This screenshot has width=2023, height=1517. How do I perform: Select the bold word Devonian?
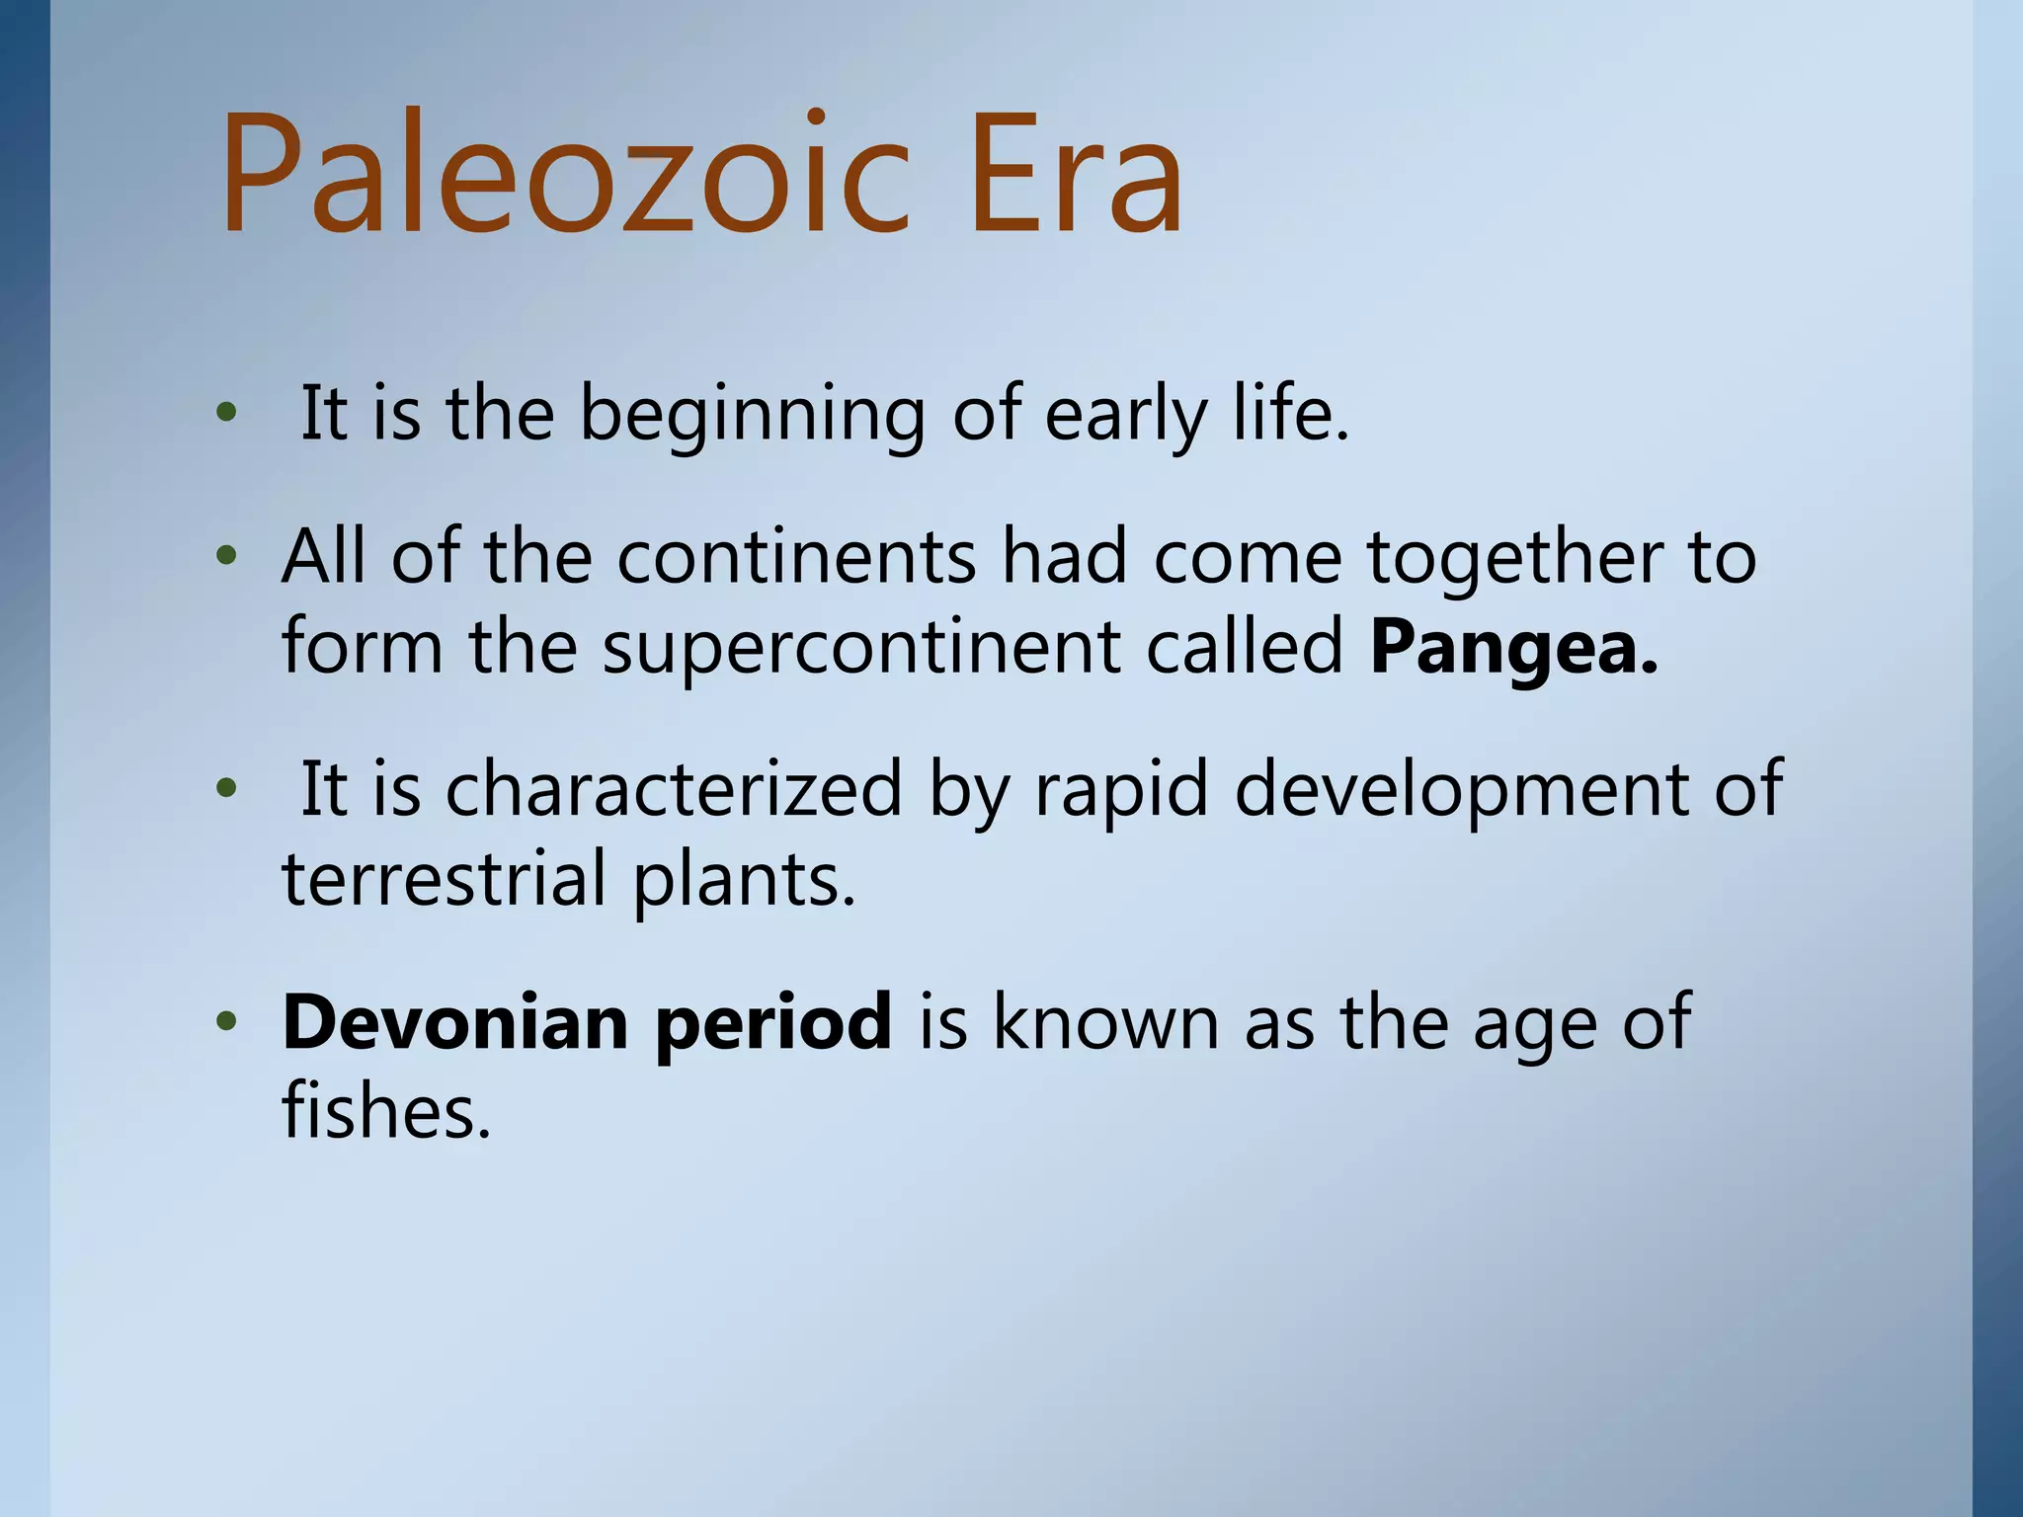(454, 1022)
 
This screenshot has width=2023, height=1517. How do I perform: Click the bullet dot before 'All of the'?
(227, 557)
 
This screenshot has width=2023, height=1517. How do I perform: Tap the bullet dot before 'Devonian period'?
(227, 1022)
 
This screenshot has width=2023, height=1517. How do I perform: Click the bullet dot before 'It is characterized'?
(227, 789)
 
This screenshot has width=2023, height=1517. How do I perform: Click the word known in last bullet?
(1104, 1022)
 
